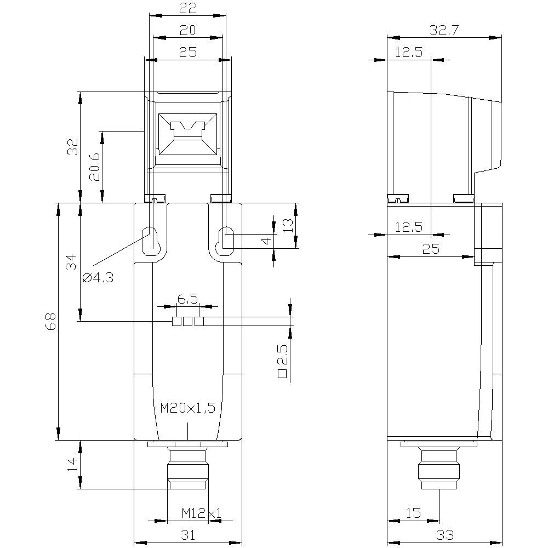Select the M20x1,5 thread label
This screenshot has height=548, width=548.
[187, 408]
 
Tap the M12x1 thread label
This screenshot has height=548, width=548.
[201, 513]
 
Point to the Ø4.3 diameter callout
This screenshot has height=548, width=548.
[98, 278]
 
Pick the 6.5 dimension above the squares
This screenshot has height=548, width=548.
[188, 299]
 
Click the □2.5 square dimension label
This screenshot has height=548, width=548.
[283, 361]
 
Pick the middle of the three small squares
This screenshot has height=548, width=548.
[188, 322]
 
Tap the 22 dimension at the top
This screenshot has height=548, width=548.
[188, 8]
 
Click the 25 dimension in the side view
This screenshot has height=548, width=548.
[431, 249]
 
